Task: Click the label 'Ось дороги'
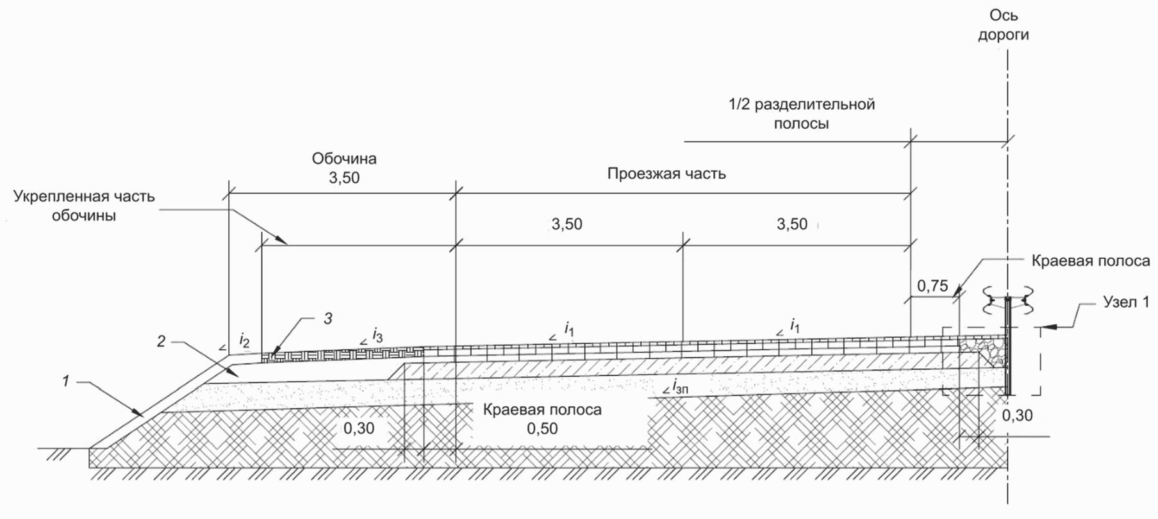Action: click(x=1003, y=25)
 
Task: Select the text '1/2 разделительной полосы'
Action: click(x=801, y=113)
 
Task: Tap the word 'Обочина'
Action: click(x=344, y=158)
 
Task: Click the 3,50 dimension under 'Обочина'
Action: click(x=344, y=177)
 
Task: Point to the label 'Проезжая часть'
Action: click(x=666, y=174)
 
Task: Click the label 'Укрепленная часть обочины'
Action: click(x=84, y=206)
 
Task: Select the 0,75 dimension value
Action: click(x=932, y=286)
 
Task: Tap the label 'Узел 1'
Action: click(x=1126, y=302)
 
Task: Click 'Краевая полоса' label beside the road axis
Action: click(x=1091, y=261)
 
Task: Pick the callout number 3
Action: click(x=327, y=318)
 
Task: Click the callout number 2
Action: click(x=161, y=341)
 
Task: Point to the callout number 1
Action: click(x=65, y=381)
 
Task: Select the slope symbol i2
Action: click(x=244, y=339)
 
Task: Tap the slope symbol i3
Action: click(x=377, y=334)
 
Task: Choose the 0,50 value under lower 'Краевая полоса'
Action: click(x=542, y=429)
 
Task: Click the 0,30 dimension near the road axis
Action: click(x=1017, y=415)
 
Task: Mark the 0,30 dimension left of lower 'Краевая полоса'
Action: click(x=359, y=428)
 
